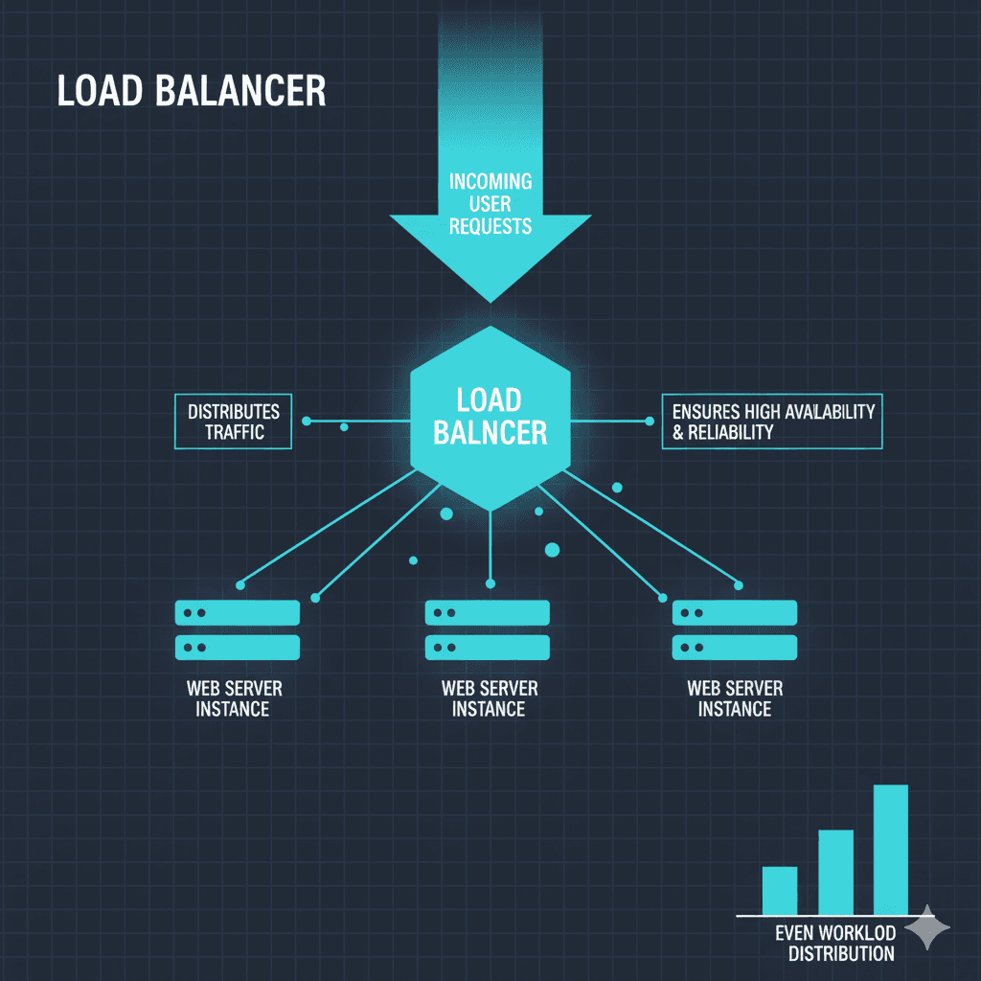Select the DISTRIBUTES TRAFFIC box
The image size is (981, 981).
[234, 422]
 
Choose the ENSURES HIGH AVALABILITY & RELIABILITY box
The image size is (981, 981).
[772, 422]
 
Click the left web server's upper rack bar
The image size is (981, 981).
[238, 612]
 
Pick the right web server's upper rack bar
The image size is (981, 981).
[735, 612]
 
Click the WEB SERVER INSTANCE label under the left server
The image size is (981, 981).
[233, 699]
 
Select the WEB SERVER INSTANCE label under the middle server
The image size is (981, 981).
[489, 699]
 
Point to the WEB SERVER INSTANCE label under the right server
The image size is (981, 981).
[735, 699]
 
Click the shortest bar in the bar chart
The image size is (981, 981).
[779, 890]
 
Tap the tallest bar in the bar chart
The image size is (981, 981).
[890, 849]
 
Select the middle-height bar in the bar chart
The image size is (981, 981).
[835, 871]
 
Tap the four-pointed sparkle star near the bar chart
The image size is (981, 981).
[926, 927]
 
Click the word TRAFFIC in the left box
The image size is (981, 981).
[234, 432]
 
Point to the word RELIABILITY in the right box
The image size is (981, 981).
[730, 432]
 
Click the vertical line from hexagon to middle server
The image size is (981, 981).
[490, 546]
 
